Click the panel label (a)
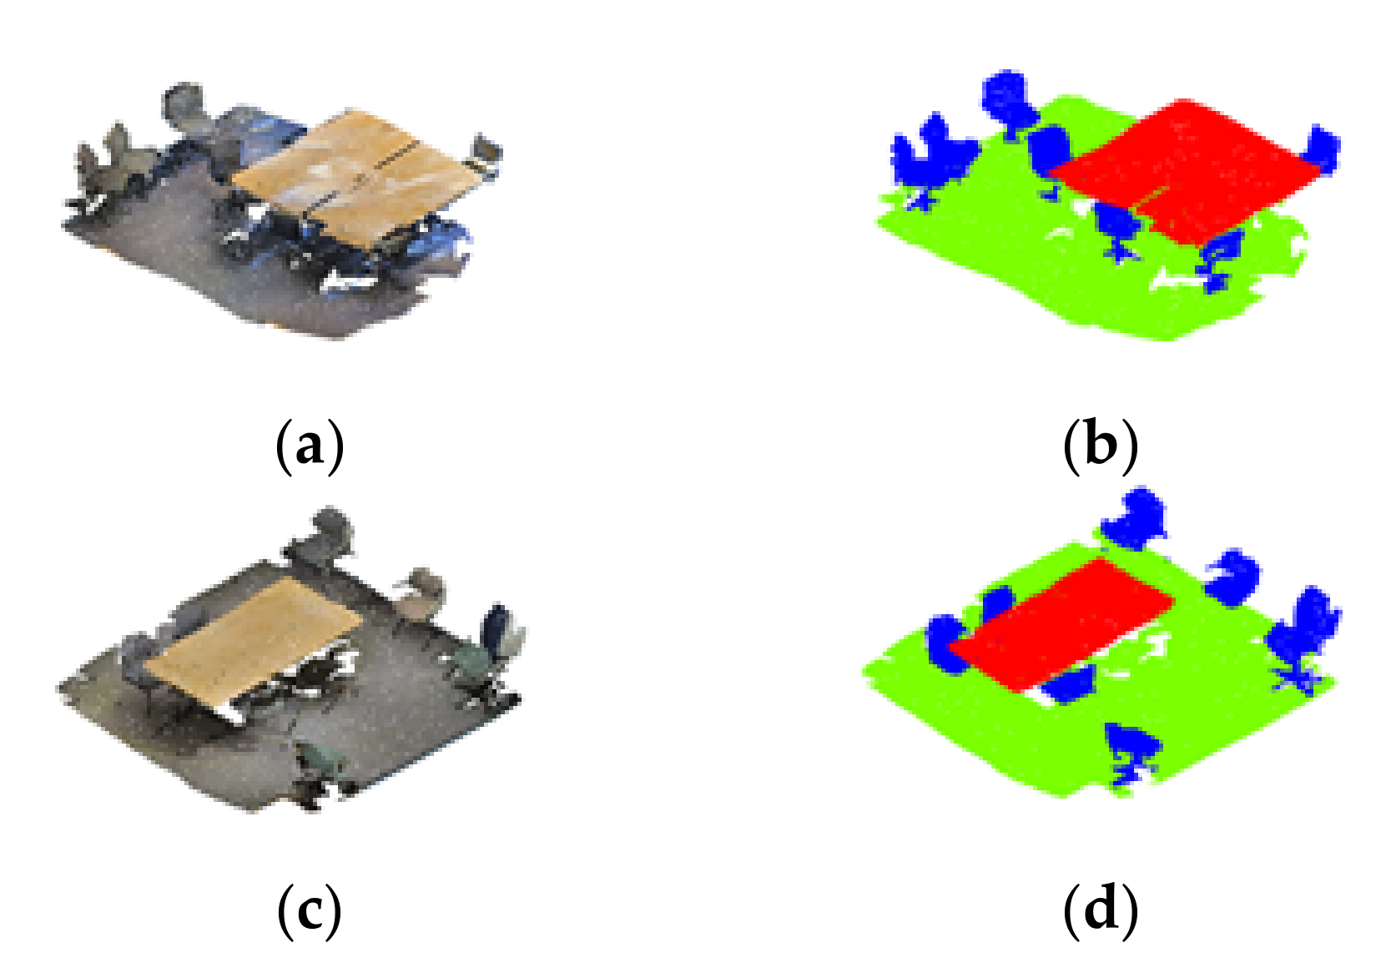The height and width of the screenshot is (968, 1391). pyautogui.click(x=309, y=446)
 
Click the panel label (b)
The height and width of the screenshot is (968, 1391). pyautogui.click(x=1100, y=446)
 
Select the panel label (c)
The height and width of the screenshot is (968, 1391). pyautogui.click(x=309, y=910)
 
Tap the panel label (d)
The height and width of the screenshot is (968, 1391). pyautogui.click(x=1100, y=910)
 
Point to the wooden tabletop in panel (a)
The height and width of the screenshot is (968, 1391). pyautogui.click(x=350, y=175)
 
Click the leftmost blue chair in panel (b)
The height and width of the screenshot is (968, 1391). pyautogui.click(x=930, y=159)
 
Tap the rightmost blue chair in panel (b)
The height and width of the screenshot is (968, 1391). pyautogui.click(x=1323, y=150)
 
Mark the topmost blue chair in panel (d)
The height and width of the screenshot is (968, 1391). pyautogui.click(x=1135, y=517)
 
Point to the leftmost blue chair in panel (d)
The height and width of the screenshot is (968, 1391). pyautogui.click(x=947, y=643)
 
